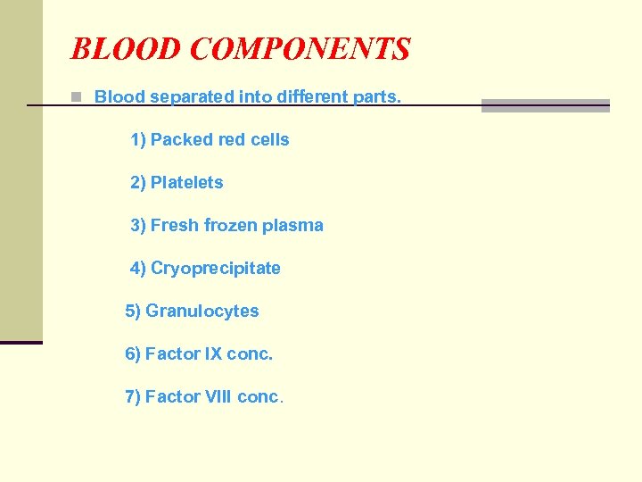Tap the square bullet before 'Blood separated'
pyautogui.click(x=78, y=96)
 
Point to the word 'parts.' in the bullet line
pyautogui.click(x=378, y=96)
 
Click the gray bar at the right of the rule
pyautogui.click(x=545, y=105)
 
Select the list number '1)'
pyautogui.click(x=138, y=140)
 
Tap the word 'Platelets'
pyautogui.click(x=186, y=183)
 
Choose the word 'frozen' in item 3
pyautogui.click(x=229, y=226)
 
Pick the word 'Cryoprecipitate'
pyautogui.click(x=215, y=269)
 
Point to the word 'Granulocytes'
pyautogui.click(x=202, y=312)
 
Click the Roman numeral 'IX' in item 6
pyautogui.click(x=213, y=354)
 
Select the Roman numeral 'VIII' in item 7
pyautogui.click(x=218, y=397)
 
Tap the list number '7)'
pyautogui.click(x=133, y=397)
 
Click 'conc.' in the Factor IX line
pyautogui.click(x=250, y=354)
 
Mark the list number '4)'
pyautogui.click(x=138, y=269)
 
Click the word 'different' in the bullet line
pyautogui.click(x=276, y=96)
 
